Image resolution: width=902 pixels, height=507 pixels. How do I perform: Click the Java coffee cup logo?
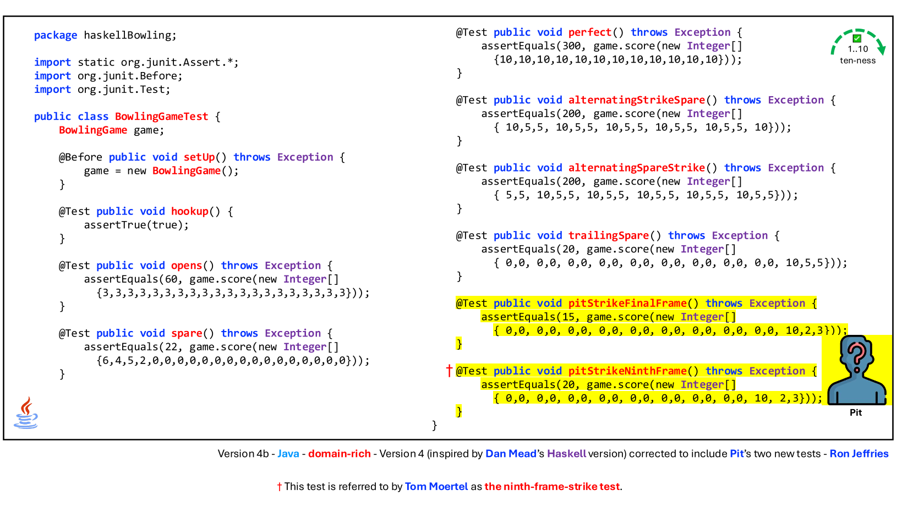[26, 413]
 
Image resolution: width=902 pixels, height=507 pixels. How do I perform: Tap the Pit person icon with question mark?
[857, 370]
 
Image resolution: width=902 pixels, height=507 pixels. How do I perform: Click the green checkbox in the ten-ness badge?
[857, 38]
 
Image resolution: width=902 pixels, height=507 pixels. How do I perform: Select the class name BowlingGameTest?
[161, 117]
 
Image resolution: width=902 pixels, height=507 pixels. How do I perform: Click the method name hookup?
[190, 211]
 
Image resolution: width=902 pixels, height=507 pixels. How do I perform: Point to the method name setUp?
[199, 157]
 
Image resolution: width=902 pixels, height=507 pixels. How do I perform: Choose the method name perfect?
[590, 32]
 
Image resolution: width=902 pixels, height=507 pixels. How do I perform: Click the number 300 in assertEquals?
[571, 46]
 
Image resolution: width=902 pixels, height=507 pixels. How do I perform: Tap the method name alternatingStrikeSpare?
[637, 100]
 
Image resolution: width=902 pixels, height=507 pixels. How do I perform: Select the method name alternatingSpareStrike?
[637, 168]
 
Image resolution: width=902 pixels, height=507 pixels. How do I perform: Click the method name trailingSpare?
[609, 235]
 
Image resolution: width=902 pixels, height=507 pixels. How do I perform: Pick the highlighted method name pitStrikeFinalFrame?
[627, 304]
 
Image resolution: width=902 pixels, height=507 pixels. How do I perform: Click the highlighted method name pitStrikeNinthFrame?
[627, 371]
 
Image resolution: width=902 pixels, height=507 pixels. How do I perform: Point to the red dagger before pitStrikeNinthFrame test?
[450, 370]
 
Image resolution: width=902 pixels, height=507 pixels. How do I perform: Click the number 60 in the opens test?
[171, 279]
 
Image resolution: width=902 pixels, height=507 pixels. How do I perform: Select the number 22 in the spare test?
[171, 347]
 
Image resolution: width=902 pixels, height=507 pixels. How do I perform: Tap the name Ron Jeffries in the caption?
[859, 454]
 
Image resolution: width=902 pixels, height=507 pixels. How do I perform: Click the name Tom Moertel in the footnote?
[436, 487]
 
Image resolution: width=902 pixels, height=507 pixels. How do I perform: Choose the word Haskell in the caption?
[566, 454]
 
